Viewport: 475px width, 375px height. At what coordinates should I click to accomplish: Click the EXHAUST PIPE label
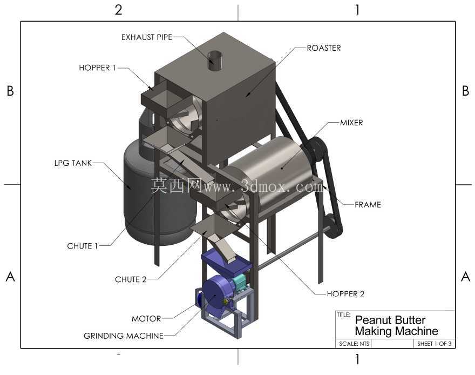[147, 37]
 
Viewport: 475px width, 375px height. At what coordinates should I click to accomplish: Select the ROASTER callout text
[323, 48]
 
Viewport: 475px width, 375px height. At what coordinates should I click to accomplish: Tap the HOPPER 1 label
[97, 68]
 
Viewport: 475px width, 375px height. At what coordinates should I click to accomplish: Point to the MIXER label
[351, 123]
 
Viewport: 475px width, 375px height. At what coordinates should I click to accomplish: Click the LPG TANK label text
[73, 163]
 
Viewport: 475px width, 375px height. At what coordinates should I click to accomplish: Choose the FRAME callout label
[368, 205]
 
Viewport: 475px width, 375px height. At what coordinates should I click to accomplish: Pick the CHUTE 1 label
[83, 246]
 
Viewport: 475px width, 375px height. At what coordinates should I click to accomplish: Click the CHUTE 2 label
[131, 279]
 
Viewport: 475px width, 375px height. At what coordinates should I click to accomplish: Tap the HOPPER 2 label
[345, 294]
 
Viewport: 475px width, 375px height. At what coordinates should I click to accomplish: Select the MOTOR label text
[146, 319]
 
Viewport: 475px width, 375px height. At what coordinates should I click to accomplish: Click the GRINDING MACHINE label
[123, 336]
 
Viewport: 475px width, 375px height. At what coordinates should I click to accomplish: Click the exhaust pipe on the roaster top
[215, 61]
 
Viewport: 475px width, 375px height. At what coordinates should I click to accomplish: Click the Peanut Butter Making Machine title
[396, 326]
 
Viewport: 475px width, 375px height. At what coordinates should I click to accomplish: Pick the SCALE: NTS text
[354, 344]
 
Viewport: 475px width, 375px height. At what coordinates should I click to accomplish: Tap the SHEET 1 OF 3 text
[434, 344]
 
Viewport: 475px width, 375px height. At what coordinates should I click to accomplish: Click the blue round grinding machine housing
[216, 294]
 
